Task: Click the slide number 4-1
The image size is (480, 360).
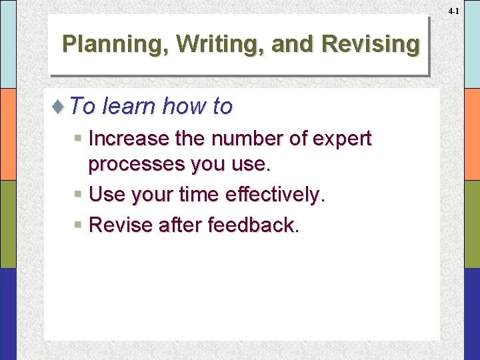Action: pos(453,11)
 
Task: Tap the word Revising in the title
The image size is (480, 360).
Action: pos(370,44)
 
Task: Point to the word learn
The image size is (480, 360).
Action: pos(129,106)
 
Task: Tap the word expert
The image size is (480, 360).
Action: pos(341,139)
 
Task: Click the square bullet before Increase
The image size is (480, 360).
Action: pos(79,139)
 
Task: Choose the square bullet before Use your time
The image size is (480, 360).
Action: pos(79,195)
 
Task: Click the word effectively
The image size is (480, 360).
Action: pos(275,195)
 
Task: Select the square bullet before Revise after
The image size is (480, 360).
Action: pos(79,225)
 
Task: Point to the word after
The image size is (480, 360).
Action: pos(181,225)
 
